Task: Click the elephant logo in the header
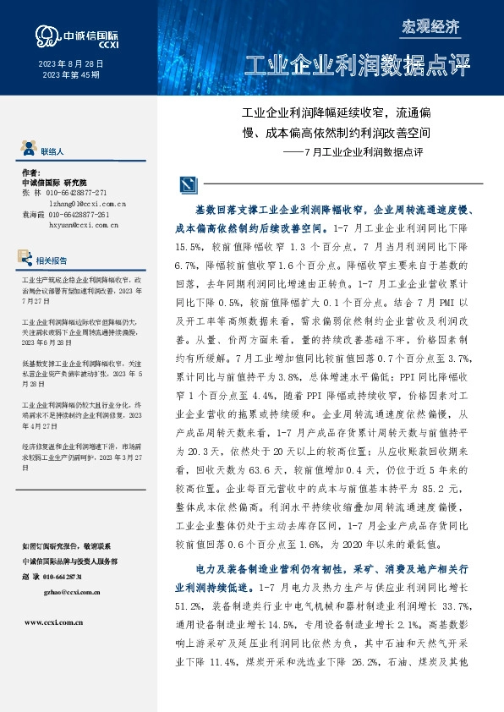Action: (47, 35)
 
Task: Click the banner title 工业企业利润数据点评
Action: (356, 66)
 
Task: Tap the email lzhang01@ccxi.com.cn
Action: (87, 203)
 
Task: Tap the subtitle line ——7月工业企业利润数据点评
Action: (350, 152)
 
